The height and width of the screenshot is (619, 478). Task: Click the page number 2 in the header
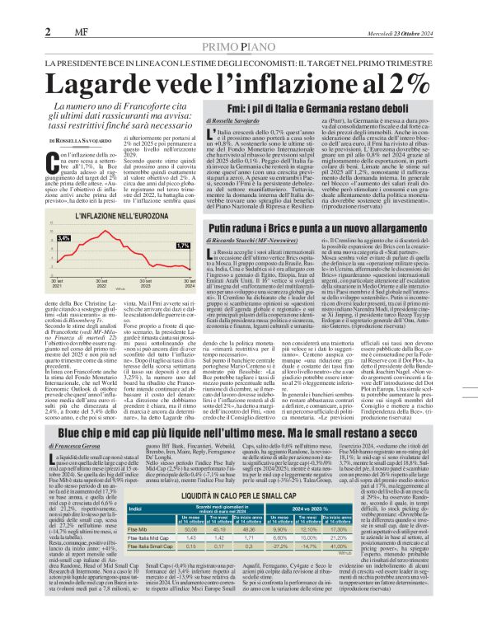pos(49,10)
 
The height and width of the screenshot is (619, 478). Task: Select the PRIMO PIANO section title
pos(239,26)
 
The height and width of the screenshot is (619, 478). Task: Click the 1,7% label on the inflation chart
pos(184,246)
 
